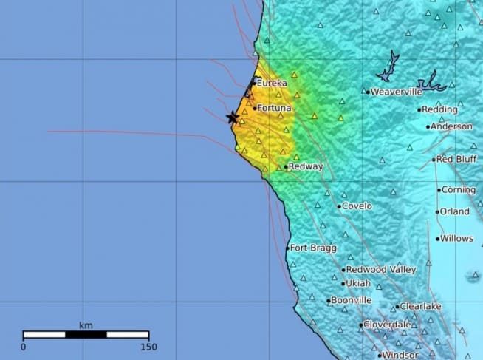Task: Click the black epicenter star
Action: [233, 118]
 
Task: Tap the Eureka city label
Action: [272, 84]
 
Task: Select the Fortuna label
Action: [274, 108]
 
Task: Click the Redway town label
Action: [306, 167]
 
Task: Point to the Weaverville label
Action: [397, 92]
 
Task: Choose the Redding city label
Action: [440, 110]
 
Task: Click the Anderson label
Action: [452, 126]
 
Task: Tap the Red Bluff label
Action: [456, 159]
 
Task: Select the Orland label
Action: [455, 211]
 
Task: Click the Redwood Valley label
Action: [381, 270]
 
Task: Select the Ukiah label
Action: [358, 284]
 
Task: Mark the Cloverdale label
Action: [387, 325]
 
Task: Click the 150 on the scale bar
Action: [148, 347]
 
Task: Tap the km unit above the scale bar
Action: [86, 325]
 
